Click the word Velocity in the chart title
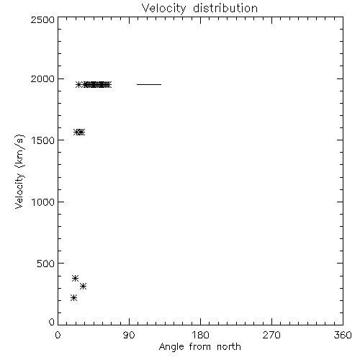(163, 9)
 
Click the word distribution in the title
(225, 9)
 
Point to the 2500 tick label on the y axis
(42, 19)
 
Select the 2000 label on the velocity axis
(42, 79)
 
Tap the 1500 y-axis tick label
(43, 140)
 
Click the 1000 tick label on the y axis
(43, 202)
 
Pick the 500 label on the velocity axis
(46, 264)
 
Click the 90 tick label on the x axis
(129, 335)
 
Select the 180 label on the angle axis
(200, 335)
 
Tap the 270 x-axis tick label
(271, 335)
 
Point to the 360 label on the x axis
(343, 335)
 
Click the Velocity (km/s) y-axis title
(19, 171)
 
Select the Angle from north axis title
(200, 347)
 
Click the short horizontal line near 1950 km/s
(149, 84)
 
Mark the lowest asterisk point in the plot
(74, 298)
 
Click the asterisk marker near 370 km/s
(76, 279)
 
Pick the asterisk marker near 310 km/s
(83, 286)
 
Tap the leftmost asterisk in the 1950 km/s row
(78, 84)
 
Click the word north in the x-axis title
(229, 347)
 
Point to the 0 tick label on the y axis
(52, 322)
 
